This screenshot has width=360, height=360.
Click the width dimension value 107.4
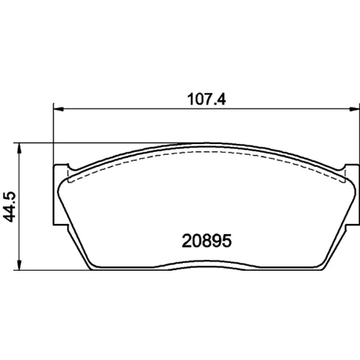pyautogui.click(x=207, y=99)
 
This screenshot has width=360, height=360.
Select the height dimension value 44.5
pyautogui.click(x=9, y=207)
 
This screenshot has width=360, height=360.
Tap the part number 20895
pyautogui.click(x=207, y=240)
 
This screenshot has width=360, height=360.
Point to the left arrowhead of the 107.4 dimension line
pyautogui.click(x=58, y=109)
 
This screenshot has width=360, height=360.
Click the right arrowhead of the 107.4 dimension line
pyautogui.click(x=354, y=109)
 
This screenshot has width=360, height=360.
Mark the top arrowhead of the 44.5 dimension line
pyautogui.click(x=19, y=149)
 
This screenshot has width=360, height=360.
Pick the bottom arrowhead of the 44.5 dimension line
pyautogui.click(x=19, y=265)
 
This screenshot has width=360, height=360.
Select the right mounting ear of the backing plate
pyautogui.click(x=352, y=194)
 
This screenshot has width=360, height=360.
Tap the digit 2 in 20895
pyautogui.click(x=186, y=240)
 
